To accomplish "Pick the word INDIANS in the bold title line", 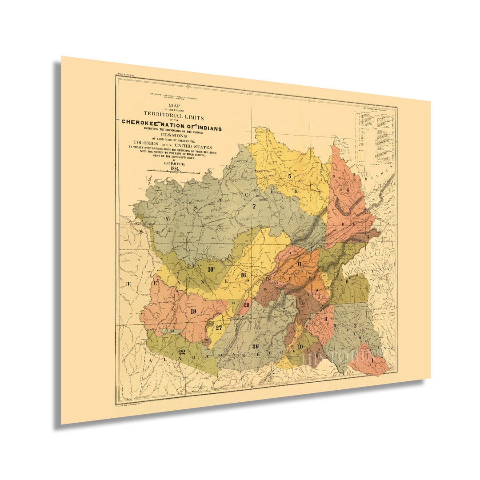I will click(x=205, y=128).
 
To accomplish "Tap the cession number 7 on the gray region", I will click(x=254, y=206).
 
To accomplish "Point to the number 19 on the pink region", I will click(x=193, y=311).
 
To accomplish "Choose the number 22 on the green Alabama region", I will click(x=181, y=352).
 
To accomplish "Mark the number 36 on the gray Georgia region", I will click(x=255, y=347).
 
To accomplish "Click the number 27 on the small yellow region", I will click(x=219, y=328).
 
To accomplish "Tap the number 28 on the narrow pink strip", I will click(x=246, y=304).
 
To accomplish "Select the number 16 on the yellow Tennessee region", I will click(x=243, y=276).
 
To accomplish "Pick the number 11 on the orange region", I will click(x=299, y=265).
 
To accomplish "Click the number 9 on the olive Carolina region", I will click(x=347, y=281).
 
